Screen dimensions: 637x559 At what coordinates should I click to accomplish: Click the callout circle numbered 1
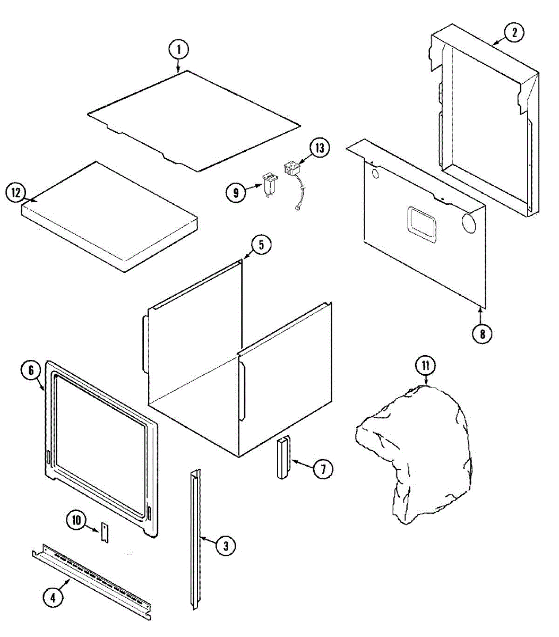coord(179,50)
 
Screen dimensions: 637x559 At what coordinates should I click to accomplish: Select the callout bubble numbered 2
coord(513,33)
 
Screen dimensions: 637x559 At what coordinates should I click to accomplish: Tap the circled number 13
coord(320,148)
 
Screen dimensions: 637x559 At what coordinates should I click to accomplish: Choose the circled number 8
coord(482,334)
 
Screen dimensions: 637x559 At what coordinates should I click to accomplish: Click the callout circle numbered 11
coord(425,366)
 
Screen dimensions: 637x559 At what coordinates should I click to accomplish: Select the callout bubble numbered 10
coord(77,520)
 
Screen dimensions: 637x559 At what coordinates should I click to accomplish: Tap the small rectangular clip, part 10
coord(105,532)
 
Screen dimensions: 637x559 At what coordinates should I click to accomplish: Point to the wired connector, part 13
coord(291,169)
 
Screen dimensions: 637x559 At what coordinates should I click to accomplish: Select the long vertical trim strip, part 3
coord(195,536)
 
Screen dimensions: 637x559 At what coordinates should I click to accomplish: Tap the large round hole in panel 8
coord(469,223)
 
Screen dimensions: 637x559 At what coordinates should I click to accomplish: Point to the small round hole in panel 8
coord(376,174)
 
